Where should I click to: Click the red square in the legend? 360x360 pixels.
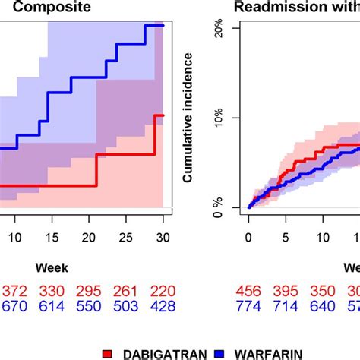[108, 353]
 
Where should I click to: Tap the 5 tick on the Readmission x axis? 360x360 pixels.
[286, 237]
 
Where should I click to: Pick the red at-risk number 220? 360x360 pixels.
[160, 291]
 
